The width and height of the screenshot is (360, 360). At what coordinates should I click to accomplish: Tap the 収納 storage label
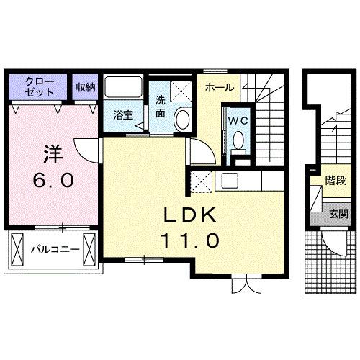coord(86,87)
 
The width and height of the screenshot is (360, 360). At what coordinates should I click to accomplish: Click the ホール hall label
coord(219,87)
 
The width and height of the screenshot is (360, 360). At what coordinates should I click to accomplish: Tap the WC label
coord(238,121)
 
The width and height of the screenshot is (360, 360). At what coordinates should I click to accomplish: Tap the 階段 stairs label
coord(335,181)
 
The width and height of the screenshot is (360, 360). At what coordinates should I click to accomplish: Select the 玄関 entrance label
coord(338,213)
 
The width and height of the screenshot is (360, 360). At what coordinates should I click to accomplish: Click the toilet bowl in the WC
coord(239,140)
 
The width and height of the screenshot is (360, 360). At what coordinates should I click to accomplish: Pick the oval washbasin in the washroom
coord(183,119)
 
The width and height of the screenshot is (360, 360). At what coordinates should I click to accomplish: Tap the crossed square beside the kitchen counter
coord(201,181)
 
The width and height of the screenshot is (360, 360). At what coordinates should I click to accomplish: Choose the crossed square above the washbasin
coord(181,91)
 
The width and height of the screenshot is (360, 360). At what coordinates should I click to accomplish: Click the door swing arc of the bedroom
coord(89,152)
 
